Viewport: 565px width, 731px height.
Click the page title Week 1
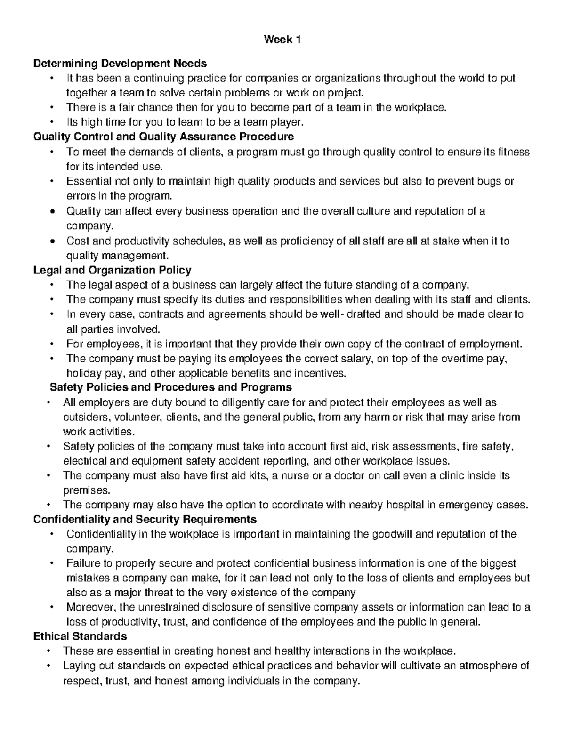coord(282,40)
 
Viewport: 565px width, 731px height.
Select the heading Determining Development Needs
coord(120,63)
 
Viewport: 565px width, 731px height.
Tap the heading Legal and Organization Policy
coord(113,270)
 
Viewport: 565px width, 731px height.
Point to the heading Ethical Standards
coord(80,636)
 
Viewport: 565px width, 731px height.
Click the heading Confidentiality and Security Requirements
coord(145,519)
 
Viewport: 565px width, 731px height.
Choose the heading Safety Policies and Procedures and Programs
coord(170,387)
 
